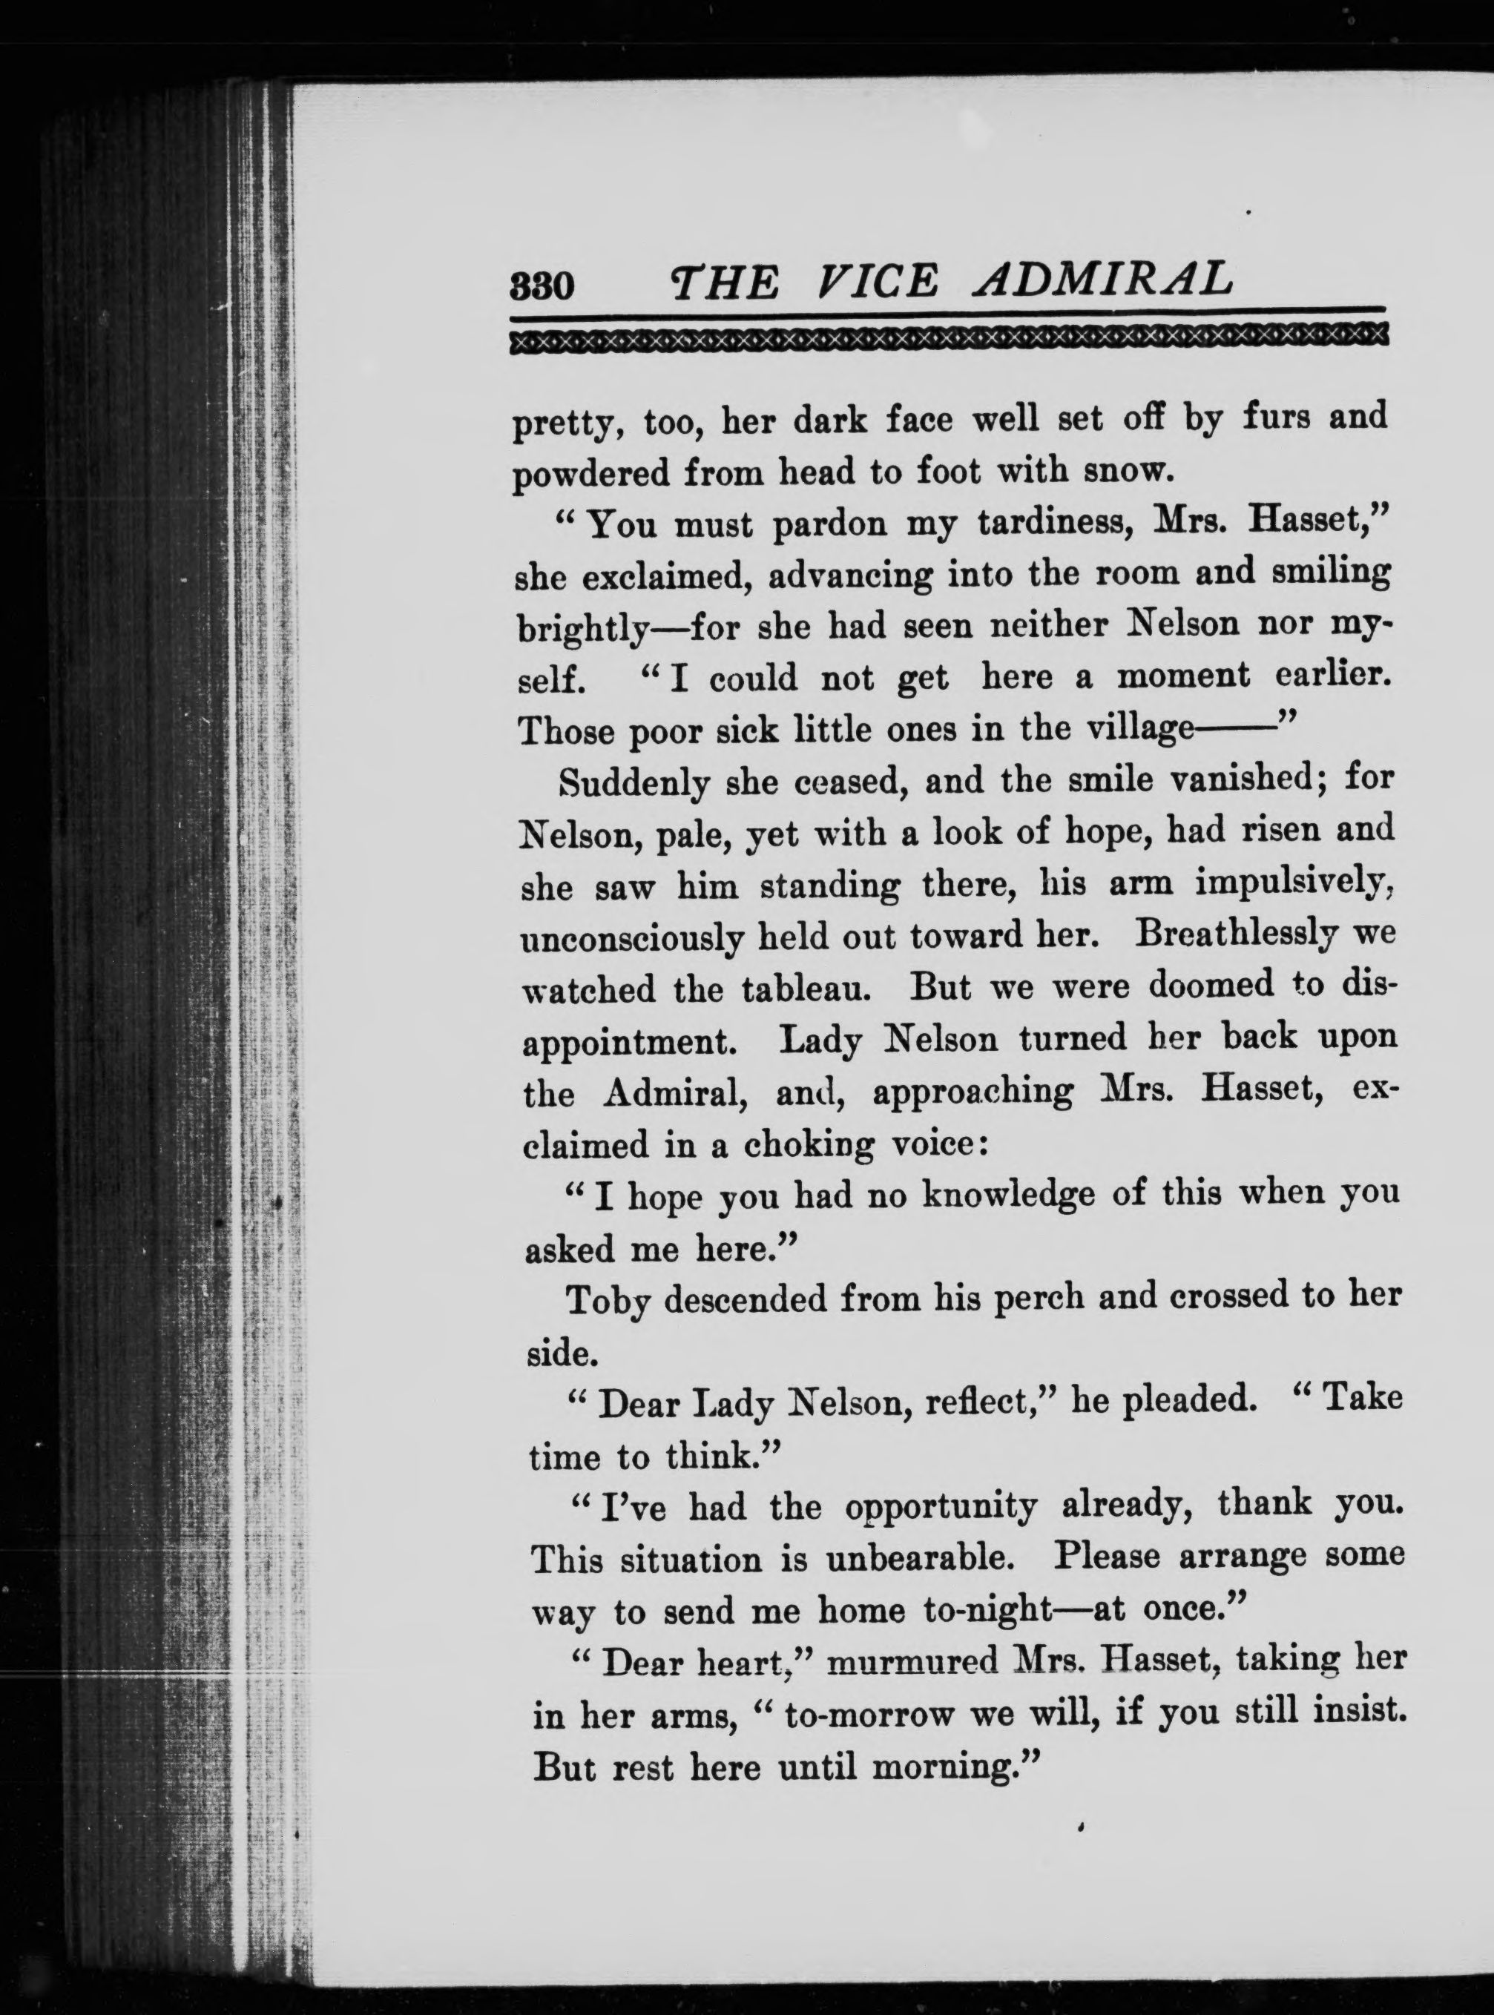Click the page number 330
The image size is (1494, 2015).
pyautogui.click(x=542, y=286)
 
